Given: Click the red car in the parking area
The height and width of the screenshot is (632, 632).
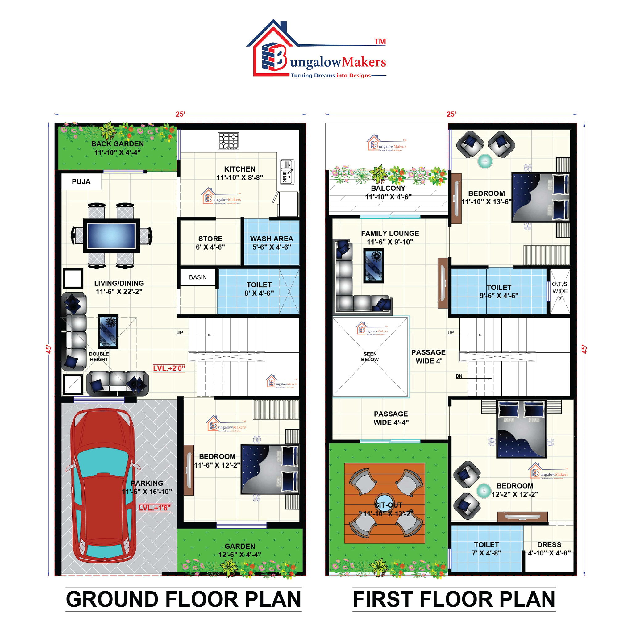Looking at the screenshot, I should [103, 487].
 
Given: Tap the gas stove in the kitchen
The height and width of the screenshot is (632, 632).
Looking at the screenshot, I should [229, 141].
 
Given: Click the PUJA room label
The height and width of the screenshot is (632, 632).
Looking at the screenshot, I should [81, 181].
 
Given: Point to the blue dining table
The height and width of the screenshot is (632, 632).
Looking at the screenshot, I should [111, 235].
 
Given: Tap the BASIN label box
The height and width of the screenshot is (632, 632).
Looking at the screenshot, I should [198, 277].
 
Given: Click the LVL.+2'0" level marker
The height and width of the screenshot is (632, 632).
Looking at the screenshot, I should [169, 368].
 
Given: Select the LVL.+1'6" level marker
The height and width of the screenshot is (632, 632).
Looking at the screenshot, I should [154, 508].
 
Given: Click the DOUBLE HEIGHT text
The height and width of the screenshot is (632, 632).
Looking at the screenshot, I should [99, 356].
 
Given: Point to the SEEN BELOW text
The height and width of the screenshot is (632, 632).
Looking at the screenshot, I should [370, 356].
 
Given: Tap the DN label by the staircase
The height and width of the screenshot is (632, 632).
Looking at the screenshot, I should [459, 376].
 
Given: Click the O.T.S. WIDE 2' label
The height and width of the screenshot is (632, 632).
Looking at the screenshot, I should [560, 291].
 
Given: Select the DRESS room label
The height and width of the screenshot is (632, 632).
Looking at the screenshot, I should [549, 545].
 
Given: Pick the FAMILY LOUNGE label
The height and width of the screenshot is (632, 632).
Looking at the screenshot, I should [390, 233].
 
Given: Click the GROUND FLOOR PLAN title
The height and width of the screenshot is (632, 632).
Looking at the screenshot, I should [183, 599].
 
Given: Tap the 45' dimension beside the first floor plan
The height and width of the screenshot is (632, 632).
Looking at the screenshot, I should [584, 349].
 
